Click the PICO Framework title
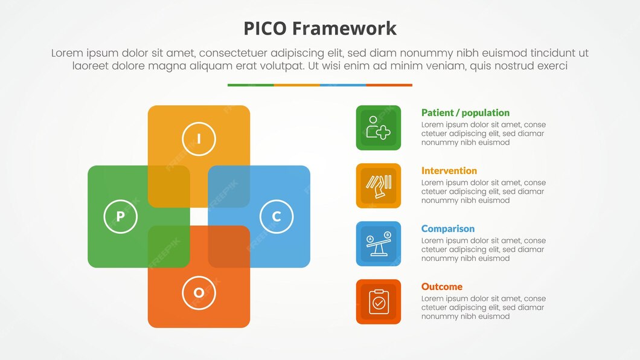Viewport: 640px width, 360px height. click(320, 28)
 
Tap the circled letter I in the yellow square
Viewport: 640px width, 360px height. click(199, 139)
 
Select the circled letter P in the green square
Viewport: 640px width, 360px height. click(121, 216)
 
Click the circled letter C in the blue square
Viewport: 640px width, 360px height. click(277, 216)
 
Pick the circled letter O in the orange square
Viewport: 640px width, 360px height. click(199, 293)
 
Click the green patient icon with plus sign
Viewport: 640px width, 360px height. click(378, 127)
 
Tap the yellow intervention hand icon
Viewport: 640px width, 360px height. click(378, 185)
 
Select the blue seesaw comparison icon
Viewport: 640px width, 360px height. click(378, 243)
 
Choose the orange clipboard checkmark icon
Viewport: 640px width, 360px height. click(378, 301)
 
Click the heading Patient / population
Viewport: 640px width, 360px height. click(465, 113)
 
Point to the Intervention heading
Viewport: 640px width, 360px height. click(449, 171)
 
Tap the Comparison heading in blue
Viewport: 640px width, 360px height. click(447, 229)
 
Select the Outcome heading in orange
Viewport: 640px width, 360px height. click(441, 287)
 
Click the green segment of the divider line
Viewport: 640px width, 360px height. click(251, 85)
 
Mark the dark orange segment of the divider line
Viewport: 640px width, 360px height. click(389, 85)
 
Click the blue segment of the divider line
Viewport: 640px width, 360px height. click(343, 85)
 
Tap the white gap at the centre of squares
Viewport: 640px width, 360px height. click(199, 216)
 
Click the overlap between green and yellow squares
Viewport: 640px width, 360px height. click(169, 187)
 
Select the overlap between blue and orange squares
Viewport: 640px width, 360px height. click(229, 246)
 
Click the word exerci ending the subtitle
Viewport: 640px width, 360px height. click(550, 66)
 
